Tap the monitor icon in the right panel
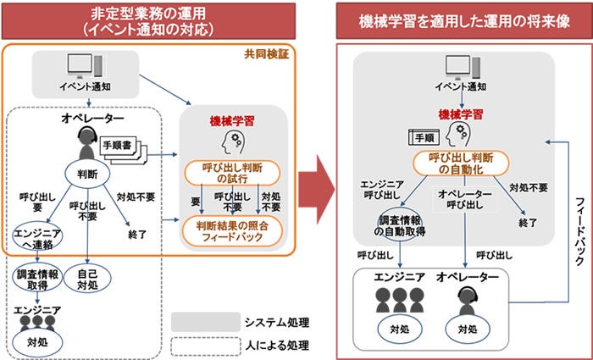460,67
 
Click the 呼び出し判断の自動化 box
460,163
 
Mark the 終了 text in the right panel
528,222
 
